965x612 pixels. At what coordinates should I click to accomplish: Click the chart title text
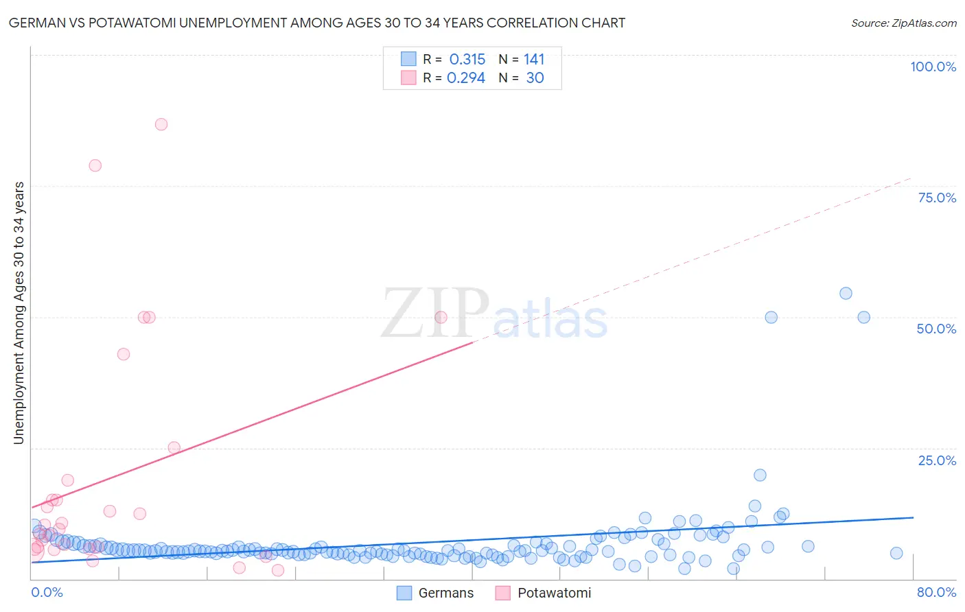point(316,23)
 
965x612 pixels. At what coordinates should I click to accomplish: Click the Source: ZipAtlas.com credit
point(903,23)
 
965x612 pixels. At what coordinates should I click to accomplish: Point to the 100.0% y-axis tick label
point(933,67)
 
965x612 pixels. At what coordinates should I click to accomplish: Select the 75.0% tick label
point(937,198)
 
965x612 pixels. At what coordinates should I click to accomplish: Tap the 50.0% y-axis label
point(936,329)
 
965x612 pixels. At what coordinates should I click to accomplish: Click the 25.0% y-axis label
point(937,460)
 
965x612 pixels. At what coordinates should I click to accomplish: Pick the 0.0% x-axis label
point(47,592)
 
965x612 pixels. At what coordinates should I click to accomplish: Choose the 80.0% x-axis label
point(936,592)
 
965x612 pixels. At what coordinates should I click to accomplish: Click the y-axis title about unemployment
point(19,313)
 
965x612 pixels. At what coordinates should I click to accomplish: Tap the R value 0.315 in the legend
point(467,60)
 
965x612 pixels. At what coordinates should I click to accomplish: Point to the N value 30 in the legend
point(535,78)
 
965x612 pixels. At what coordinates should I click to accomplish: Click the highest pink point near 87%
point(161,124)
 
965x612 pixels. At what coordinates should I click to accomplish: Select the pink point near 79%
point(95,165)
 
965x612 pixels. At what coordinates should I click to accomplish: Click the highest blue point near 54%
point(846,293)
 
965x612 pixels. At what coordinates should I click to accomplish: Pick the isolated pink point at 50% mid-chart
point(441,317)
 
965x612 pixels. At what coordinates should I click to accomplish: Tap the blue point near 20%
point(760,475)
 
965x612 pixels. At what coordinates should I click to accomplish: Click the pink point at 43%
point(124,354)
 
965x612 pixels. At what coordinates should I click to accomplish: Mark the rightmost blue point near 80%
point(896,553)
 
